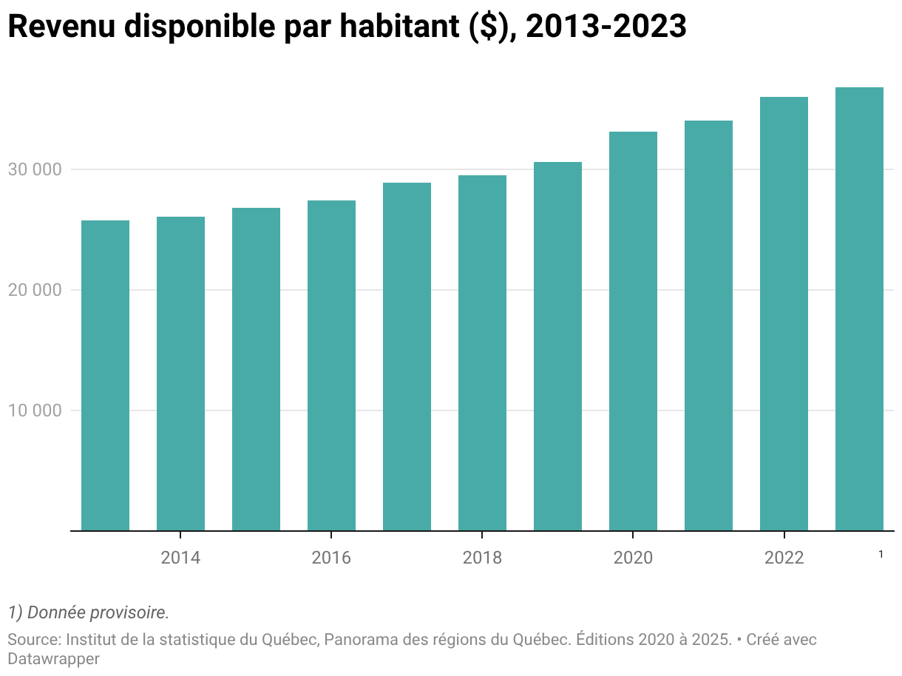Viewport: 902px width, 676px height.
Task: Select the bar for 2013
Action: point(105,375)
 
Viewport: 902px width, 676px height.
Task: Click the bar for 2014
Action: point(181,374)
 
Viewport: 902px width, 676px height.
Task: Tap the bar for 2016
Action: point(332,365)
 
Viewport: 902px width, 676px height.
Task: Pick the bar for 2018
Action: point(483,353)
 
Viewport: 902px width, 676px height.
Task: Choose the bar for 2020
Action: point(634,331)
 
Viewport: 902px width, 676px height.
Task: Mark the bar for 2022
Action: point(784,314)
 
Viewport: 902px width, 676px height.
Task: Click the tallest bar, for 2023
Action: point(859,309)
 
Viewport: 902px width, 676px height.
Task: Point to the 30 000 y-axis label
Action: point(35,169)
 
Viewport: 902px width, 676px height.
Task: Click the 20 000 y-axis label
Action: point(35,290)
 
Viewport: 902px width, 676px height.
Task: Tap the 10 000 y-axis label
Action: point(35,410)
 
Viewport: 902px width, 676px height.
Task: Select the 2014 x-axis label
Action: point(180,558)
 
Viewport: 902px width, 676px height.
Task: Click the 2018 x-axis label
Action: point(482,558)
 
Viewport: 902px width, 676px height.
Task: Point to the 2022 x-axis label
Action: point(784,558)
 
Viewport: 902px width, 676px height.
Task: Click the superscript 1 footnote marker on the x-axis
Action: point(881,555)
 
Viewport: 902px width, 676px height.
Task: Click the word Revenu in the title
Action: point(61,26)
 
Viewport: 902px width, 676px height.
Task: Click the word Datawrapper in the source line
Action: point(53,659)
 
